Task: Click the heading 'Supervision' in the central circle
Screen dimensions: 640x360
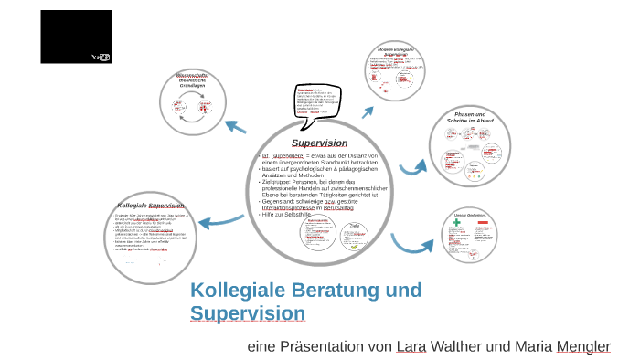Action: [x=319, y=143]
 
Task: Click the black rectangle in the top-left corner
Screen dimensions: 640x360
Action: [x=76, y=37]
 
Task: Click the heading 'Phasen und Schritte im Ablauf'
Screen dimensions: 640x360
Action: [x=470, y=117]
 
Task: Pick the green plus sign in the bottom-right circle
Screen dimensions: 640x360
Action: [x=455, y=224]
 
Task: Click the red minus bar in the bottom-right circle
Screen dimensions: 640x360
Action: [x=483, y=224]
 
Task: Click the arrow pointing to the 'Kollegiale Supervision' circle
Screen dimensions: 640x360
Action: [x=219, y=219]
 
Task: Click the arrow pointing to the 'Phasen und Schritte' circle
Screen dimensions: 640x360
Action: [x=413, y=167]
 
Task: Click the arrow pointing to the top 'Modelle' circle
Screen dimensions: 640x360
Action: [x=368, y=111]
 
